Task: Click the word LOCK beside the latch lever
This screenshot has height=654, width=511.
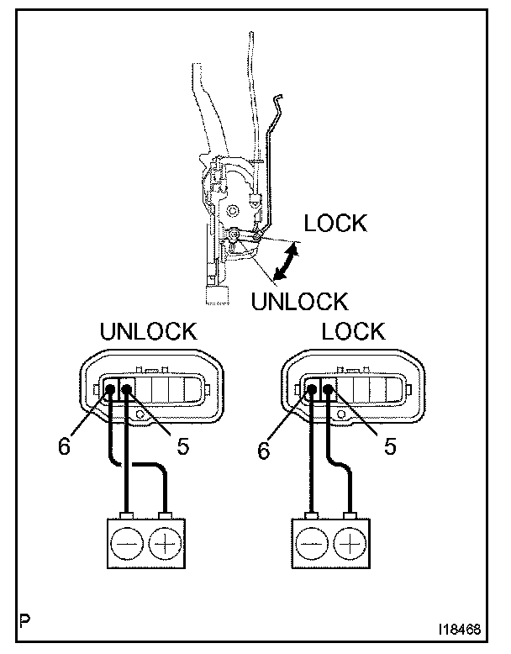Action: pos(335,224)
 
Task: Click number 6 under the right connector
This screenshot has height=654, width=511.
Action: pos(263,451)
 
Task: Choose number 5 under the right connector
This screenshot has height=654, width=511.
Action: pos(390,446)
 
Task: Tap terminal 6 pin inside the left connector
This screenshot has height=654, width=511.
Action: pos(111,389)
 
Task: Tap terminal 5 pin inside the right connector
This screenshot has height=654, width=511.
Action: pos(327,389)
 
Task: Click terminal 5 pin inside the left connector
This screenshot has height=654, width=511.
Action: pos(126,389)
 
